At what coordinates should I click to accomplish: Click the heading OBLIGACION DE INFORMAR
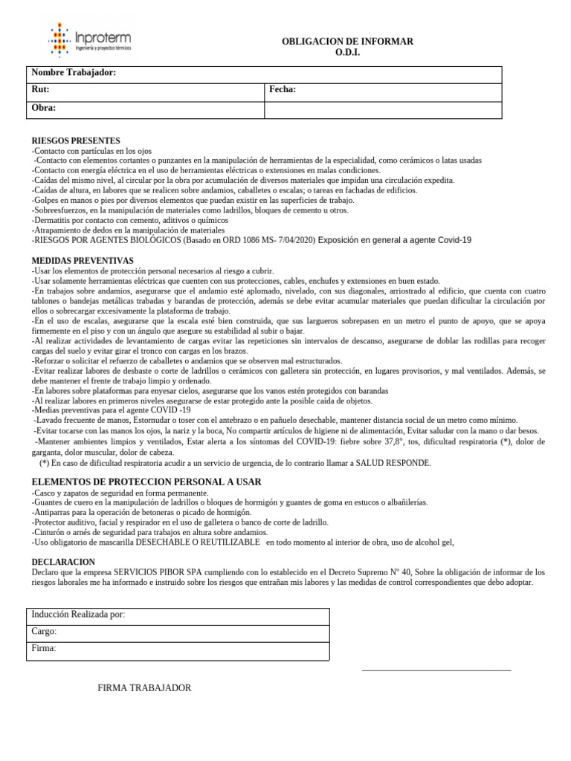point(347,42)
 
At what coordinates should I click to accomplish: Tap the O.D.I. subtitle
point(347,54)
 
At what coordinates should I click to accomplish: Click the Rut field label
point(41,90)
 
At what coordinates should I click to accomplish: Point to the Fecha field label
point(283,90)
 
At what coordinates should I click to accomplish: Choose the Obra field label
point(44,108)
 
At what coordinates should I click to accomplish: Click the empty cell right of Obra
point(383,109)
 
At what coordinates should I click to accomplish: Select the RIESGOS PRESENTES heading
point(76,140)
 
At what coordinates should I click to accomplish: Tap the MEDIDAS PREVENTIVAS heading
point(83,261)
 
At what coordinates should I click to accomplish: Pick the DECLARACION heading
point(63,562)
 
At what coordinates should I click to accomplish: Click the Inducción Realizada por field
point(78,615)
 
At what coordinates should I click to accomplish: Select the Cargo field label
point(44,632)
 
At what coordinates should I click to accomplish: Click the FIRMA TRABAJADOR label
point(144,688)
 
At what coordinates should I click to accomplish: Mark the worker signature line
point(436,670)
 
